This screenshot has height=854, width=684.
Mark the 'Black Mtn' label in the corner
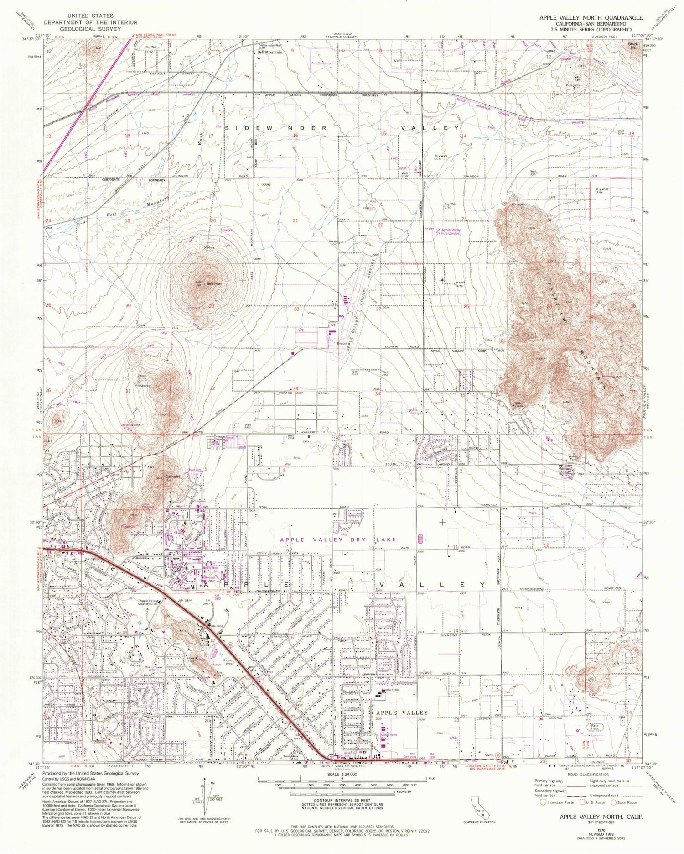pyautogui.click(x=633, y=45)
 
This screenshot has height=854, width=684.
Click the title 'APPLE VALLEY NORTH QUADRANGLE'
pyautogui.click(x=591, y=17)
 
